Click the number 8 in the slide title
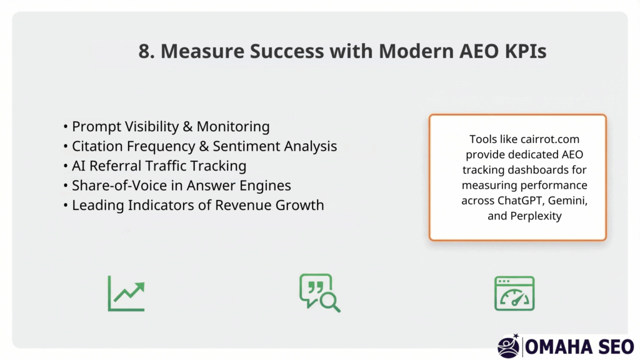tap(144, 52)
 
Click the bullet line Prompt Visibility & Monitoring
tap(170, 127)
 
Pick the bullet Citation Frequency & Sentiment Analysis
tap(204, 146)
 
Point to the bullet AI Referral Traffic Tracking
tap(159, 166)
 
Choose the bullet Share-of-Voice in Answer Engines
tap(181, 186)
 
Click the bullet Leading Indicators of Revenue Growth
tap(197, 205)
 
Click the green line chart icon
tap(126, 293)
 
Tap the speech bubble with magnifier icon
tap(319, 292)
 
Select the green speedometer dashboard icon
tap(514, 293)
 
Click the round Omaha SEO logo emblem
tap(509, 346)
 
